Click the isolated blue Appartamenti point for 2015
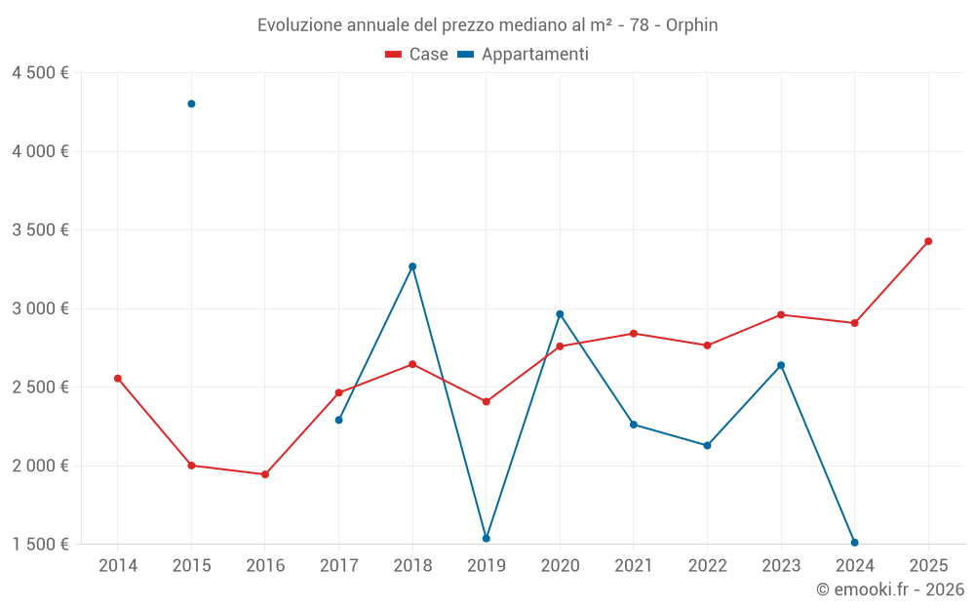[x=191, y=103]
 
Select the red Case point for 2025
[x=928, y=241]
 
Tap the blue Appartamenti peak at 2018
[x=412, y=266]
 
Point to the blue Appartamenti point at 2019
[x=487, y=539]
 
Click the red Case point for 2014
[x=118, y=379]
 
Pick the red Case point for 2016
[x=265, y=474]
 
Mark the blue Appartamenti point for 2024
[x=854, y=543]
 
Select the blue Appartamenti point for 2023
[x=781, y=365]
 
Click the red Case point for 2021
[x=634, y=334]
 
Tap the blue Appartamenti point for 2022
[x=707, y=445]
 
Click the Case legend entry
[x=417, y=55]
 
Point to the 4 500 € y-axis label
[x=40, y=73]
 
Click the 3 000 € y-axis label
[x=40, y=308]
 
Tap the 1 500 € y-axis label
[x=40, y=545]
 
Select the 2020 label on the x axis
[x=560, y=566]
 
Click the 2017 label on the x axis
[x=338, y=566]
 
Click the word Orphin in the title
[x=691, y=25]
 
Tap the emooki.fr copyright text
[x=889, y=590]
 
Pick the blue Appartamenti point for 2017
[x=338, y=420]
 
